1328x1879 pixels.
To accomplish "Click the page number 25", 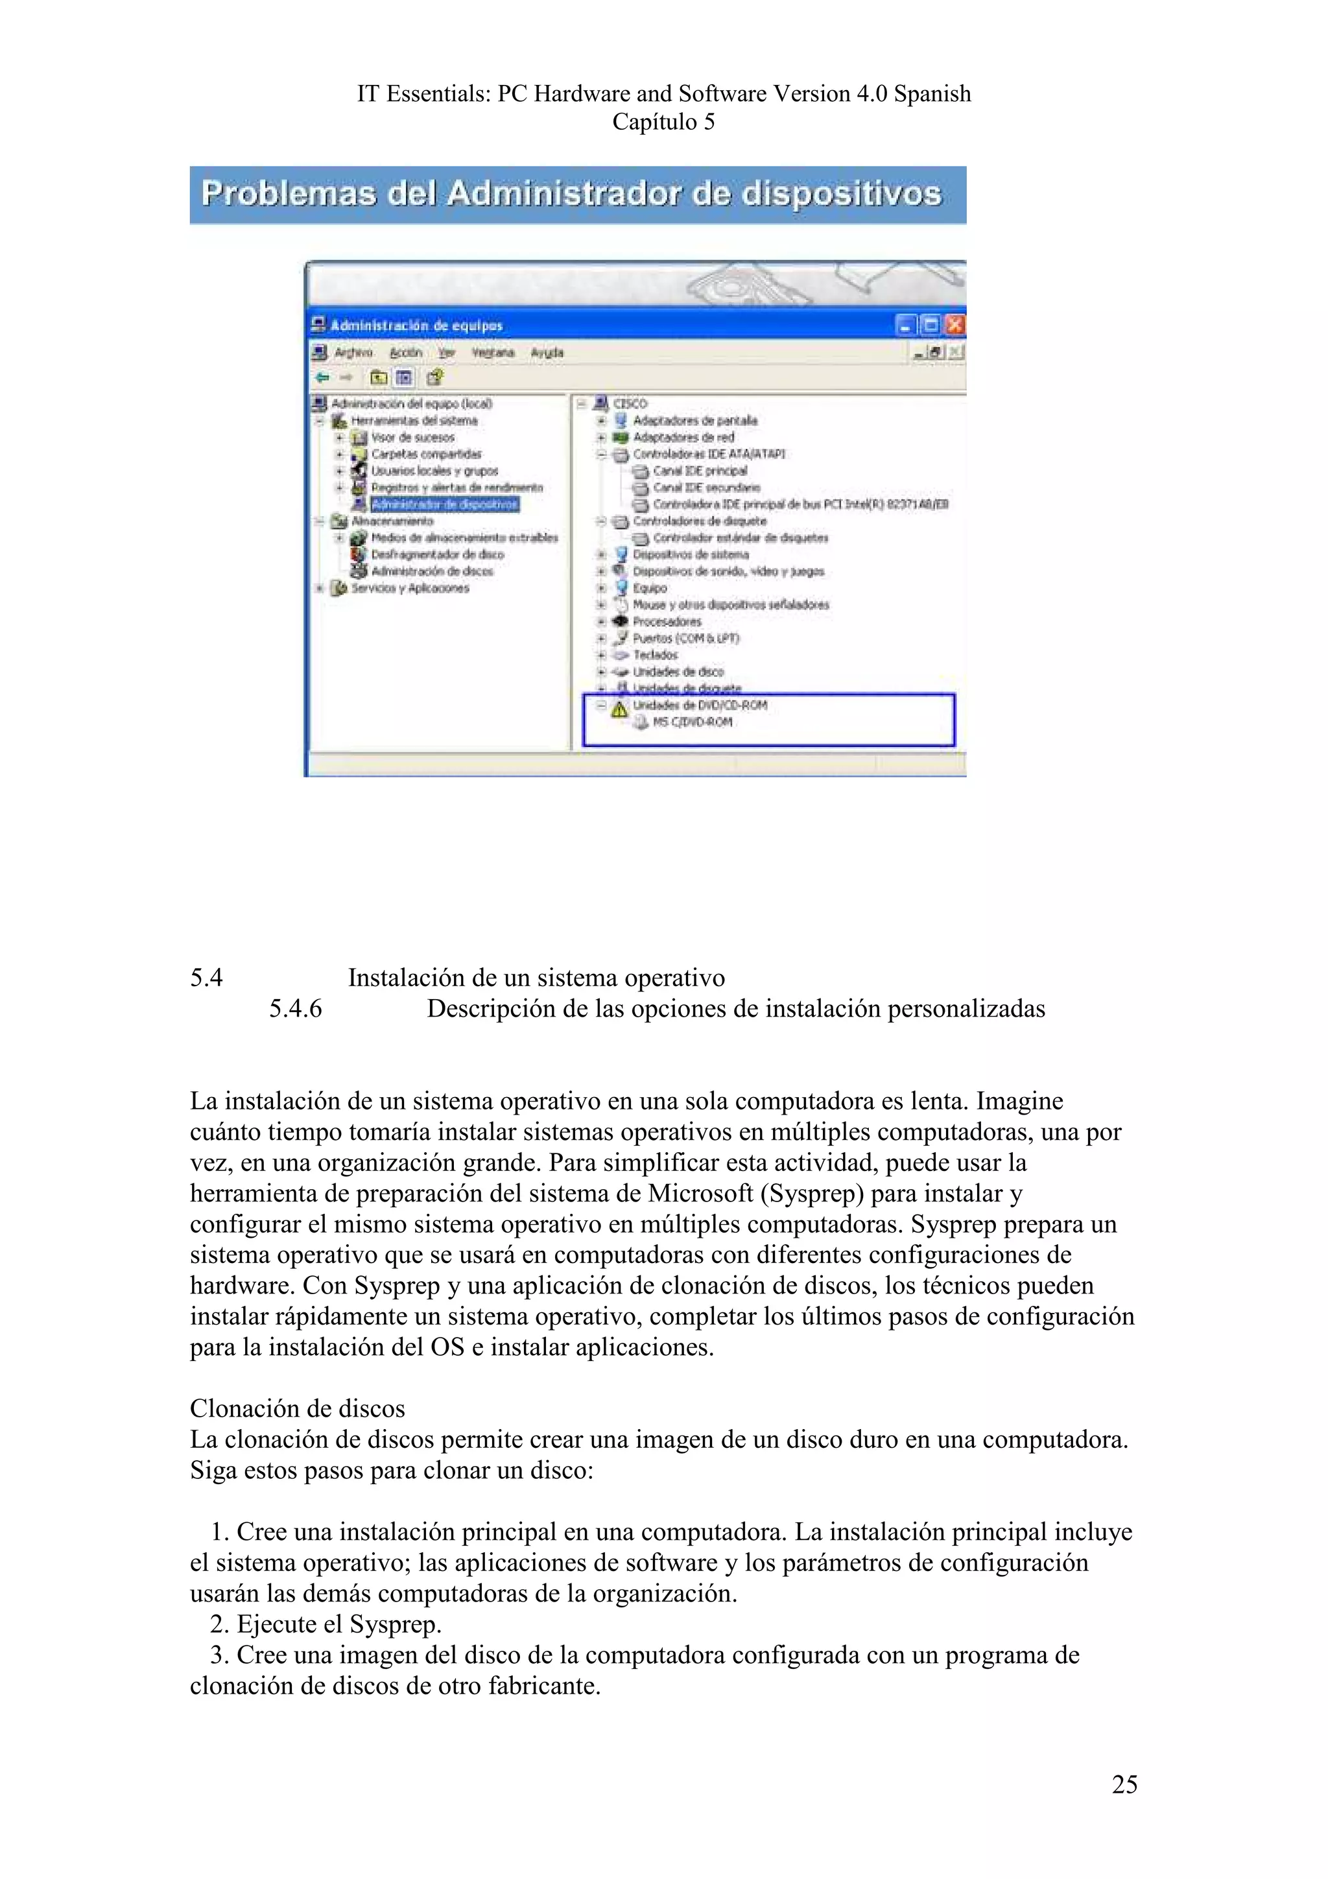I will [1124, 1784].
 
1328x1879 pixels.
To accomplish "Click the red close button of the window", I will [955, 325].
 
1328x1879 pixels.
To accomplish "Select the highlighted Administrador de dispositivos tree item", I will [444, 504].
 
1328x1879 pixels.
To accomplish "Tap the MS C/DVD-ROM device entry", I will [691, 722].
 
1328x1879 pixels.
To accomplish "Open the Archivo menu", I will [353, 353].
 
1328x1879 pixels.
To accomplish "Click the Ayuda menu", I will [547, 353].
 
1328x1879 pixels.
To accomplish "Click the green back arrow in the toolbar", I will [322, 377].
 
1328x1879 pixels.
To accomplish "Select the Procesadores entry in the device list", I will [666, 621].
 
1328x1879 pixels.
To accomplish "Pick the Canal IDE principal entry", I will [700, 471].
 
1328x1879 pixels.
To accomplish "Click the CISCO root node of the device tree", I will [629, 403].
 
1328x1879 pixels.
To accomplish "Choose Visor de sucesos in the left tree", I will [412, 438].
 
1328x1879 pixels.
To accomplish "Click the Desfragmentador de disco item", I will [437, 554].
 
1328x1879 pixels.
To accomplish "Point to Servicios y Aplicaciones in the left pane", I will [410, 587].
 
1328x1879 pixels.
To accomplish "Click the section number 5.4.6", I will [296, 1008].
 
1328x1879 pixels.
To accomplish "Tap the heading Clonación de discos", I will [297, 1408].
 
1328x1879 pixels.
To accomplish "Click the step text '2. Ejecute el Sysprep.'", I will [326, 1624].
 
